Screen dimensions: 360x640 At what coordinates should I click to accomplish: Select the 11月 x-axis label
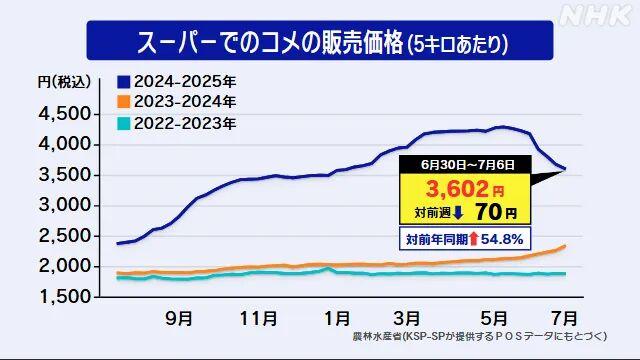260,319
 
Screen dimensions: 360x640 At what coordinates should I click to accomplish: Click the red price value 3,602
454,188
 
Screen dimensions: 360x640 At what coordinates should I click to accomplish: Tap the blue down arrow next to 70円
458,212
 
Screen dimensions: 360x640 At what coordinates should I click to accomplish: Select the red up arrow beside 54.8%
472,240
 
